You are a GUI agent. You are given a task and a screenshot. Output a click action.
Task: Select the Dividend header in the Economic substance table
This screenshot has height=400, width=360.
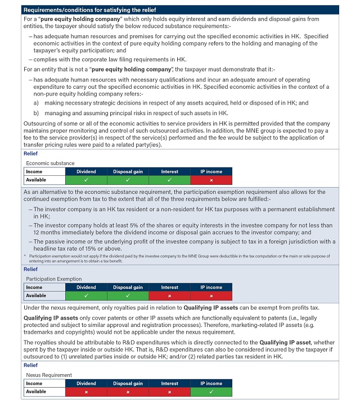(87, 171)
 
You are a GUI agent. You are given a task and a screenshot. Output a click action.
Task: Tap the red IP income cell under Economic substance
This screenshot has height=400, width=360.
(211, 180)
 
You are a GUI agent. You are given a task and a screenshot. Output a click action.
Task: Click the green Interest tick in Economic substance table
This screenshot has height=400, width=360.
(169, 180)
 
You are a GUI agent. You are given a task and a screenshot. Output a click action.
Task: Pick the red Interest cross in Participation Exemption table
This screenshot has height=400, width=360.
(169, 295)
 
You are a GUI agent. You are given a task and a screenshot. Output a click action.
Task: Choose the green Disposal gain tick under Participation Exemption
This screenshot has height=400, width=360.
(128, 295)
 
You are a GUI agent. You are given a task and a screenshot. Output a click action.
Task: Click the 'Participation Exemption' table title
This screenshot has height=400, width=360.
(54, 278)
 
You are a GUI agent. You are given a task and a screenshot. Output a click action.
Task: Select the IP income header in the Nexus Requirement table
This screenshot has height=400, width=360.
(211, 383)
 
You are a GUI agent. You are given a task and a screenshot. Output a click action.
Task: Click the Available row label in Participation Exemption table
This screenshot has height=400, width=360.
(37, 295)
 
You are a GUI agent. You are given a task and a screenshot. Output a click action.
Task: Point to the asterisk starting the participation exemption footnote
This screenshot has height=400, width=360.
(26, 256)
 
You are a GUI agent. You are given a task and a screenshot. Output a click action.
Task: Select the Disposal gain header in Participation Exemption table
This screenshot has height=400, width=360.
(128, 287)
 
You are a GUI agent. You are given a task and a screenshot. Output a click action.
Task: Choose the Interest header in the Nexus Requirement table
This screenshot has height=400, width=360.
(169, 383)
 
